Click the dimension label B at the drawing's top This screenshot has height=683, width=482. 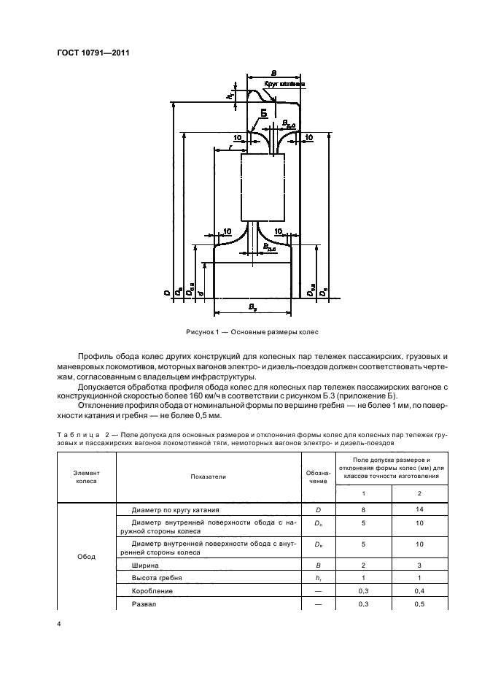coord(273,73)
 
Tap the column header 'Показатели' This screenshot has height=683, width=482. coord(209,476)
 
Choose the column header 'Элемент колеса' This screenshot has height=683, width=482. coord(86,476)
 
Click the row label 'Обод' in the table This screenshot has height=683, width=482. coord(86,557)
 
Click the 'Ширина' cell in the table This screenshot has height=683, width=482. coord(145,565)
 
